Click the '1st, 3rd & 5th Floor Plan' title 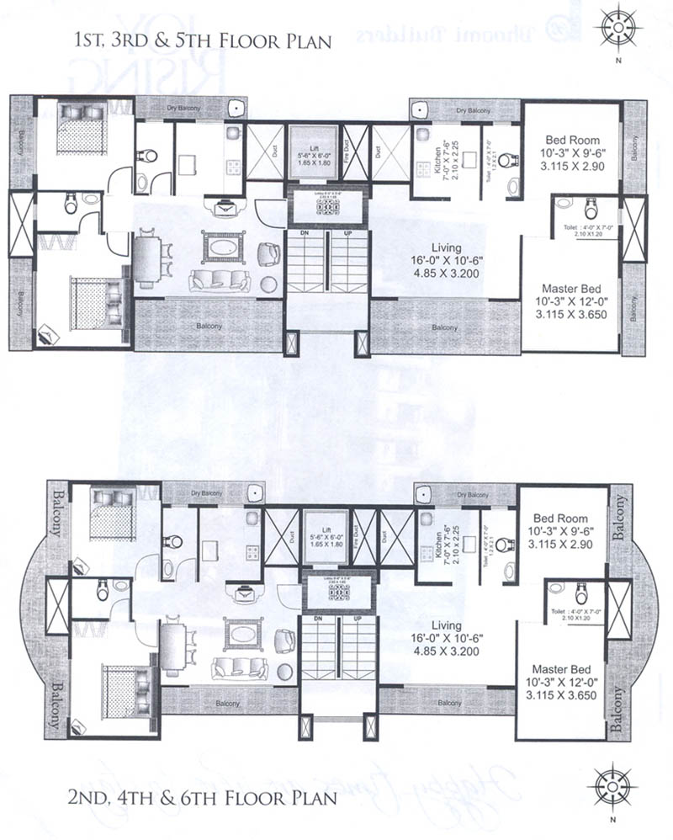pyautogui.click(x=199, y=40)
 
